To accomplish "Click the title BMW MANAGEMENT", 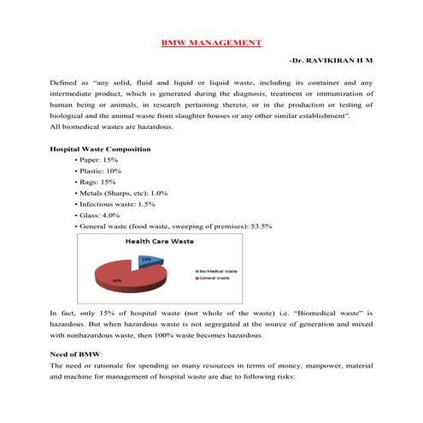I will pos(211,42).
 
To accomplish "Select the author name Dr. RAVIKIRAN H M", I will pos(332,62).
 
